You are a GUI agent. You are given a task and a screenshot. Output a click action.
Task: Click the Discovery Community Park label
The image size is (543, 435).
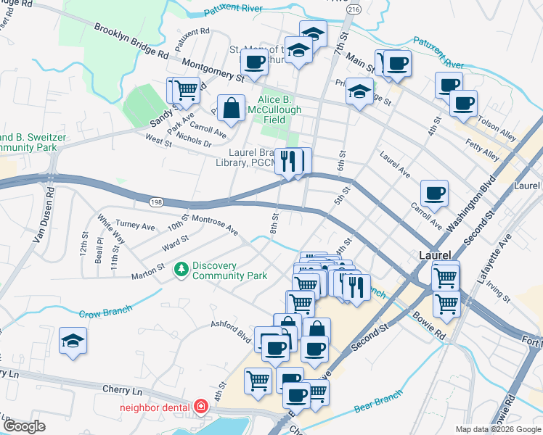pos(230,270)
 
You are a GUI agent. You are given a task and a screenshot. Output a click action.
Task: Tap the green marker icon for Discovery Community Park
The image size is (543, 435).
pos(181,270)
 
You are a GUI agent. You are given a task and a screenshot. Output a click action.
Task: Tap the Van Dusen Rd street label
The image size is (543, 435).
pos(41,217)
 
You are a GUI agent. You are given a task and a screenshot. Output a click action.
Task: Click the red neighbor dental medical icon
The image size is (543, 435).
pos(200,407)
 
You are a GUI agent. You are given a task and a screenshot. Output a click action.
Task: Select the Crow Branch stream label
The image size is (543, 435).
pos(105,312)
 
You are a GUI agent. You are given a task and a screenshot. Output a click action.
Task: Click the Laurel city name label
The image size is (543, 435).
pos(436,255)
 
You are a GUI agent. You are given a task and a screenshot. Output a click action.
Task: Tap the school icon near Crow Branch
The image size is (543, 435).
pos(73,341)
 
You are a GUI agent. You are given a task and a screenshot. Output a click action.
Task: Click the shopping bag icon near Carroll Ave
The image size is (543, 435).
pos(231,109)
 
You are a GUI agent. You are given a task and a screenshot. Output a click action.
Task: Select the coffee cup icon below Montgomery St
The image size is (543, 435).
pos(254,63)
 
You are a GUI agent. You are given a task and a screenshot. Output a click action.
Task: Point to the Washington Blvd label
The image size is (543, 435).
pos(470,204)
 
